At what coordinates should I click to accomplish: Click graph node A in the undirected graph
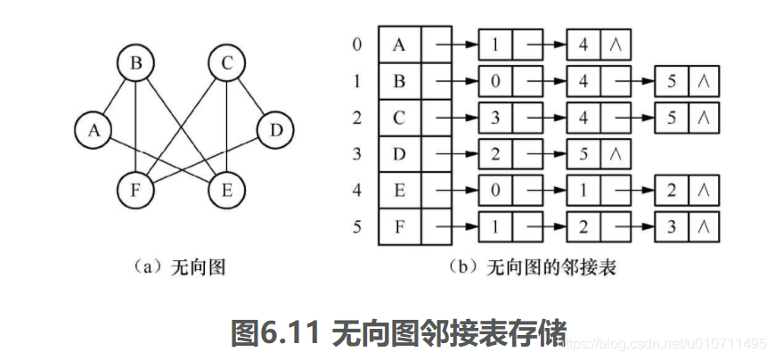click(x=93, y=131)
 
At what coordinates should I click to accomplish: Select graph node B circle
click(x=135, y=64)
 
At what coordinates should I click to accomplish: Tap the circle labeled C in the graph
click(x=226, y=64)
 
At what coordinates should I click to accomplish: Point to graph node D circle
click(x=275, y=131)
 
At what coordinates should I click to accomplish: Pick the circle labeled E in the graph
click(x=226, y=188)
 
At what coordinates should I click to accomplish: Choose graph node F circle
click(x=135, y=188)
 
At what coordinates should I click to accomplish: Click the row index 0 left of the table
click(x=357, y=44)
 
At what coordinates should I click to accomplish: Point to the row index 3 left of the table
click(x=357, y=153)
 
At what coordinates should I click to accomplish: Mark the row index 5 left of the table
click(x=357, y=226)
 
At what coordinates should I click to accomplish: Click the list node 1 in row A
click(x=495, y=44)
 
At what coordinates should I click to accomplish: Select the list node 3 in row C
click(x=495, y=117)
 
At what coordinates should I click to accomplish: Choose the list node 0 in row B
click(x=495, y=80)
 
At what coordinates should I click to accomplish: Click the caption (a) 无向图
click(x=179, y=266)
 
